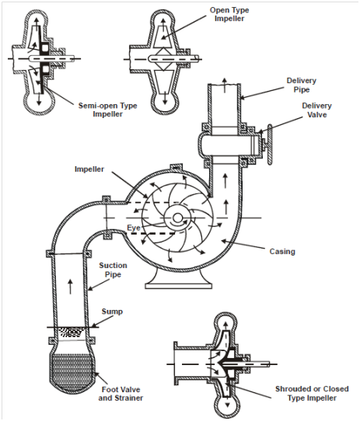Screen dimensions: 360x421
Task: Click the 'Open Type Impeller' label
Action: pos(229,14)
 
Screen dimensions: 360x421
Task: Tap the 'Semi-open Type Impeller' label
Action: pos(108,110)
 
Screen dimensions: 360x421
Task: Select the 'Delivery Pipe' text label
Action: pos(302,85)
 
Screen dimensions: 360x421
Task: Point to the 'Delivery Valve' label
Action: pos(317,110)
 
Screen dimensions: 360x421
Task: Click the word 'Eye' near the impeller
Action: pos(134,228)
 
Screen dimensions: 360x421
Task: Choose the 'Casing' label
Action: pos(282,252)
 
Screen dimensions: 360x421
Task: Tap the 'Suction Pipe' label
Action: pos(113,270)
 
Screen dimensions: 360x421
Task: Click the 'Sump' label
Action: pos(112,311)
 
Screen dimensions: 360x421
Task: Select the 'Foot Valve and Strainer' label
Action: pos(121,394)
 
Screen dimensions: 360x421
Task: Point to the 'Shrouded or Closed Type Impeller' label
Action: pos(312,393)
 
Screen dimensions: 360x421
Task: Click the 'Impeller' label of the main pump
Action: pos(89,169)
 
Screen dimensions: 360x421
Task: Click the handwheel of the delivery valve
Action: pos(270,144)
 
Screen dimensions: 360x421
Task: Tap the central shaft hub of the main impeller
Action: pos(177,218)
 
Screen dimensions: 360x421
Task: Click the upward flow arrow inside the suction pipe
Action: pos(71,287)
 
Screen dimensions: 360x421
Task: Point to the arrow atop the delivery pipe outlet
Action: pos(225,85)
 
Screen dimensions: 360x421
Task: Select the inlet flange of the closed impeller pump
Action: pos(176,364)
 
